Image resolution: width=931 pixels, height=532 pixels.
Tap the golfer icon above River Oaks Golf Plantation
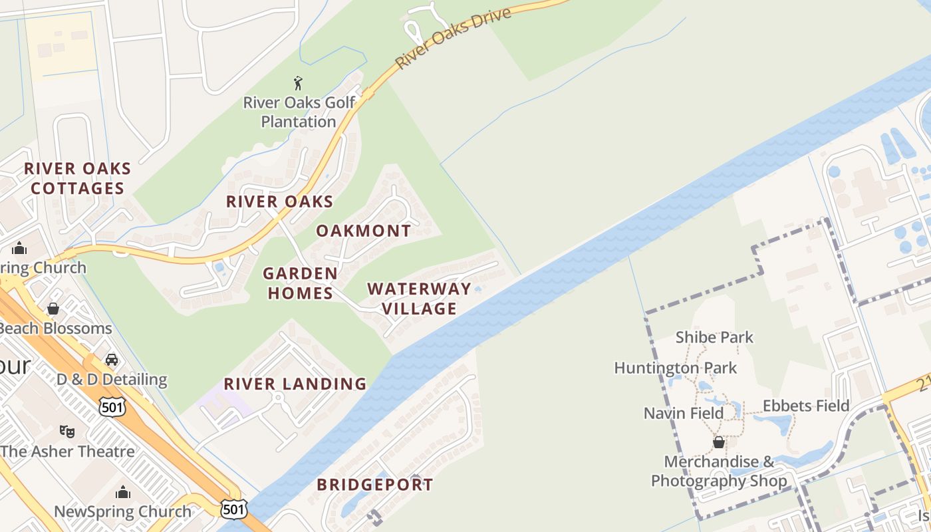point(298,83)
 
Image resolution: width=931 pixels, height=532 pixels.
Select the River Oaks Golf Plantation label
point(299,112)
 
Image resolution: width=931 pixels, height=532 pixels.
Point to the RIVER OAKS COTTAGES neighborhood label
point(78,178)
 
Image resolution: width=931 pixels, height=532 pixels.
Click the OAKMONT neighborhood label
point(364,231)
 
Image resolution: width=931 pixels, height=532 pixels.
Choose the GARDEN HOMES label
point(300,283)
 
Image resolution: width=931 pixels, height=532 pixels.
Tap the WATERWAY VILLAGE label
point(419,299)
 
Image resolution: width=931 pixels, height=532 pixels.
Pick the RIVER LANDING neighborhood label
point(295,384)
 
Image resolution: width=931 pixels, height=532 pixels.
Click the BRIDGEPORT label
point(375,485)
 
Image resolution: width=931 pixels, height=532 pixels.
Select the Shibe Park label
point(714,337)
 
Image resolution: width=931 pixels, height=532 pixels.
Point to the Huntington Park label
point(675,368)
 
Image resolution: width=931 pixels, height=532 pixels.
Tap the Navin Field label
point(683,413)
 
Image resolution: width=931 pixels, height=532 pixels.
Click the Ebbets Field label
point(806,406)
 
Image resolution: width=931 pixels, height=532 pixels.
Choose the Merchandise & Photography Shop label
point(719,471)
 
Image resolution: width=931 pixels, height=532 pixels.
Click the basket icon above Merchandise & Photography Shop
point(719,442)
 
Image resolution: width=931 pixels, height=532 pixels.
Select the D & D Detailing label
point(112,380)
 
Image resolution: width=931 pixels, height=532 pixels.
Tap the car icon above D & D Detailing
point(112,360)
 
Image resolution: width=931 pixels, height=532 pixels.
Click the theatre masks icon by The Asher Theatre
point(66,432)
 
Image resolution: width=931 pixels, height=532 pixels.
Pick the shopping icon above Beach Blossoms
point(53,309)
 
